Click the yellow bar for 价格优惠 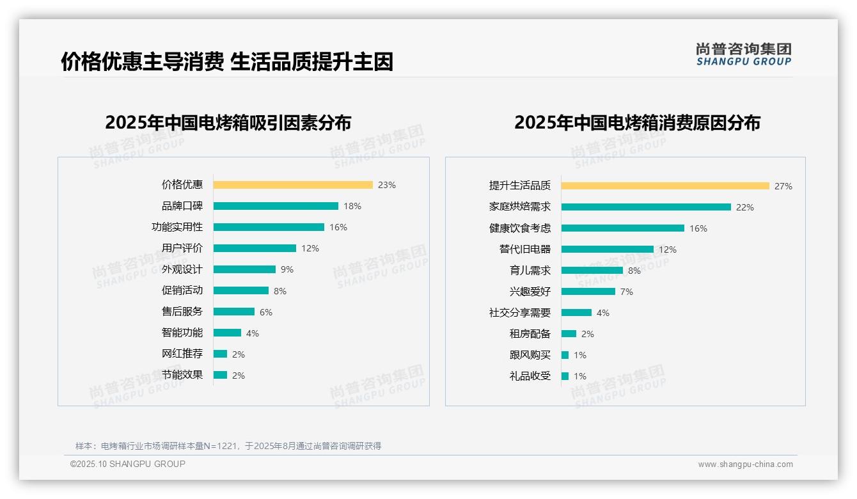[293, 185]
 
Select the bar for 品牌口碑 [276, 206]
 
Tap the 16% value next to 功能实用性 [338, 227]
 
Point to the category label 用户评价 [182, 248]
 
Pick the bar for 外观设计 [244, 269]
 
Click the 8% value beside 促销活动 [280, 291]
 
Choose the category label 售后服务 [182, 312]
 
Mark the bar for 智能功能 [227, 333]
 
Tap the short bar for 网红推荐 [220, 354]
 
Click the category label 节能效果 [182, 375]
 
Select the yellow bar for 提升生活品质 [665, 186]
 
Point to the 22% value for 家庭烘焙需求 [745, 207]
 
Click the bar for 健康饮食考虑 [623, 228]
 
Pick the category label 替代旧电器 [525, 249]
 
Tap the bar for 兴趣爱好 [588, 292]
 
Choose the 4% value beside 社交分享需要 [603, 313]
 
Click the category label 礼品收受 [530, 376]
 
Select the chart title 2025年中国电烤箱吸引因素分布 [228, 123]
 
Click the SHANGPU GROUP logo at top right [744, 54]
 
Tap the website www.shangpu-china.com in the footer [745, 464]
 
